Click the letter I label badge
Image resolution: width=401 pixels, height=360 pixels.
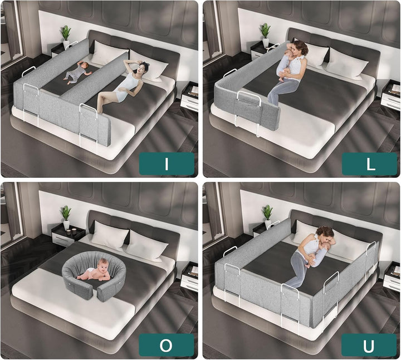tap(167, 164)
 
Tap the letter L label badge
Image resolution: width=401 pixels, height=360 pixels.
tap(369, 164)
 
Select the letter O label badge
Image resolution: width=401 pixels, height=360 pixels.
tap(167, 346)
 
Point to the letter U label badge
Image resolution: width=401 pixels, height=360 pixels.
tap(369, 346)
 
